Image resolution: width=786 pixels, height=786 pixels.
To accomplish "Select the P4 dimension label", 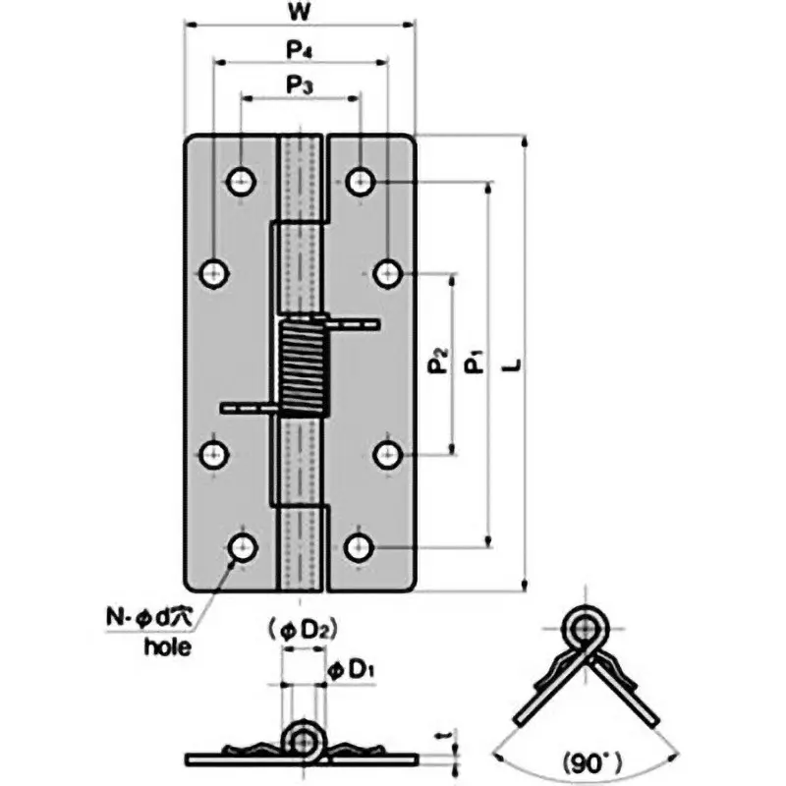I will (300, 48).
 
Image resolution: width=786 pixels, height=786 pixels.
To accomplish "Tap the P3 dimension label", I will (300, 85).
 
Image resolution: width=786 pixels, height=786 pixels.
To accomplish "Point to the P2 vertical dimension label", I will (438, 365).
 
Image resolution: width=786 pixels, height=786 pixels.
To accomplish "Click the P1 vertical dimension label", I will (475, 365).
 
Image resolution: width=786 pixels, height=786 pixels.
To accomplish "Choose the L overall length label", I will (511, 365).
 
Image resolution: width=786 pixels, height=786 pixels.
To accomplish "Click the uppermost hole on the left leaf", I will (240, 181).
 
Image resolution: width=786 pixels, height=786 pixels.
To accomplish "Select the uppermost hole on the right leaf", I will (361, 181).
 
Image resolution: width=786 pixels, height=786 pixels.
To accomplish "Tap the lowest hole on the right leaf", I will (360, 546).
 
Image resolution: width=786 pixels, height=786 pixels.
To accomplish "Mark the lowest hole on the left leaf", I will (241, 547).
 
